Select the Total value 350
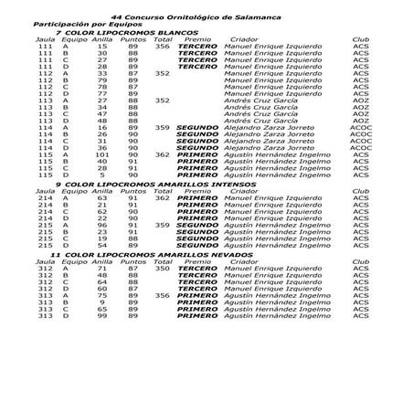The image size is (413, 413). pos(164,269)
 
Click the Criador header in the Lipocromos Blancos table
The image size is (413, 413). pos(244,39)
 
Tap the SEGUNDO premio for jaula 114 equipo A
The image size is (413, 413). pos(196,128)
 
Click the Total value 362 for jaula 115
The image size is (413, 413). pos(164,155)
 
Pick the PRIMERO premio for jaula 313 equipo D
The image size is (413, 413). pos(196,316)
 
